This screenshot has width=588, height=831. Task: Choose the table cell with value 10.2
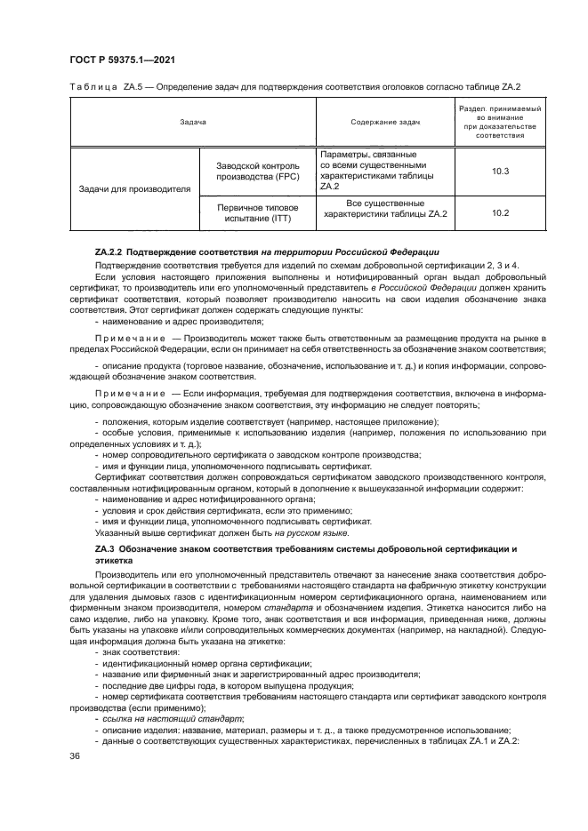click(500, 212)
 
